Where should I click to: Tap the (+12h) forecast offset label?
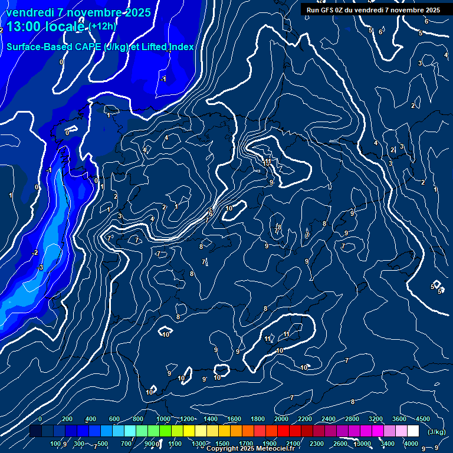[103, 26]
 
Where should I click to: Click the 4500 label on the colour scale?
[423, 419]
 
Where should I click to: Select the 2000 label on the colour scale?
[281, 419]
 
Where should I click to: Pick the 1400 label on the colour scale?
[211, 419]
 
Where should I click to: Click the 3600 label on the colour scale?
[399, 419]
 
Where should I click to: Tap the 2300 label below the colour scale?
[317, 444]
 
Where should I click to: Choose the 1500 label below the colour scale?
[222, 444]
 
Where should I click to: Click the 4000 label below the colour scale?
[411, 444]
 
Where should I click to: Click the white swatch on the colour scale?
[413, 431]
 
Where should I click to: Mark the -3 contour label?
[40, 268]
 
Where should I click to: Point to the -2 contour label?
[35, 252]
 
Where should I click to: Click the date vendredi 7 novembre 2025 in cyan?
[78, 12]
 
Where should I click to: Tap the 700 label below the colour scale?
[126, 444]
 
